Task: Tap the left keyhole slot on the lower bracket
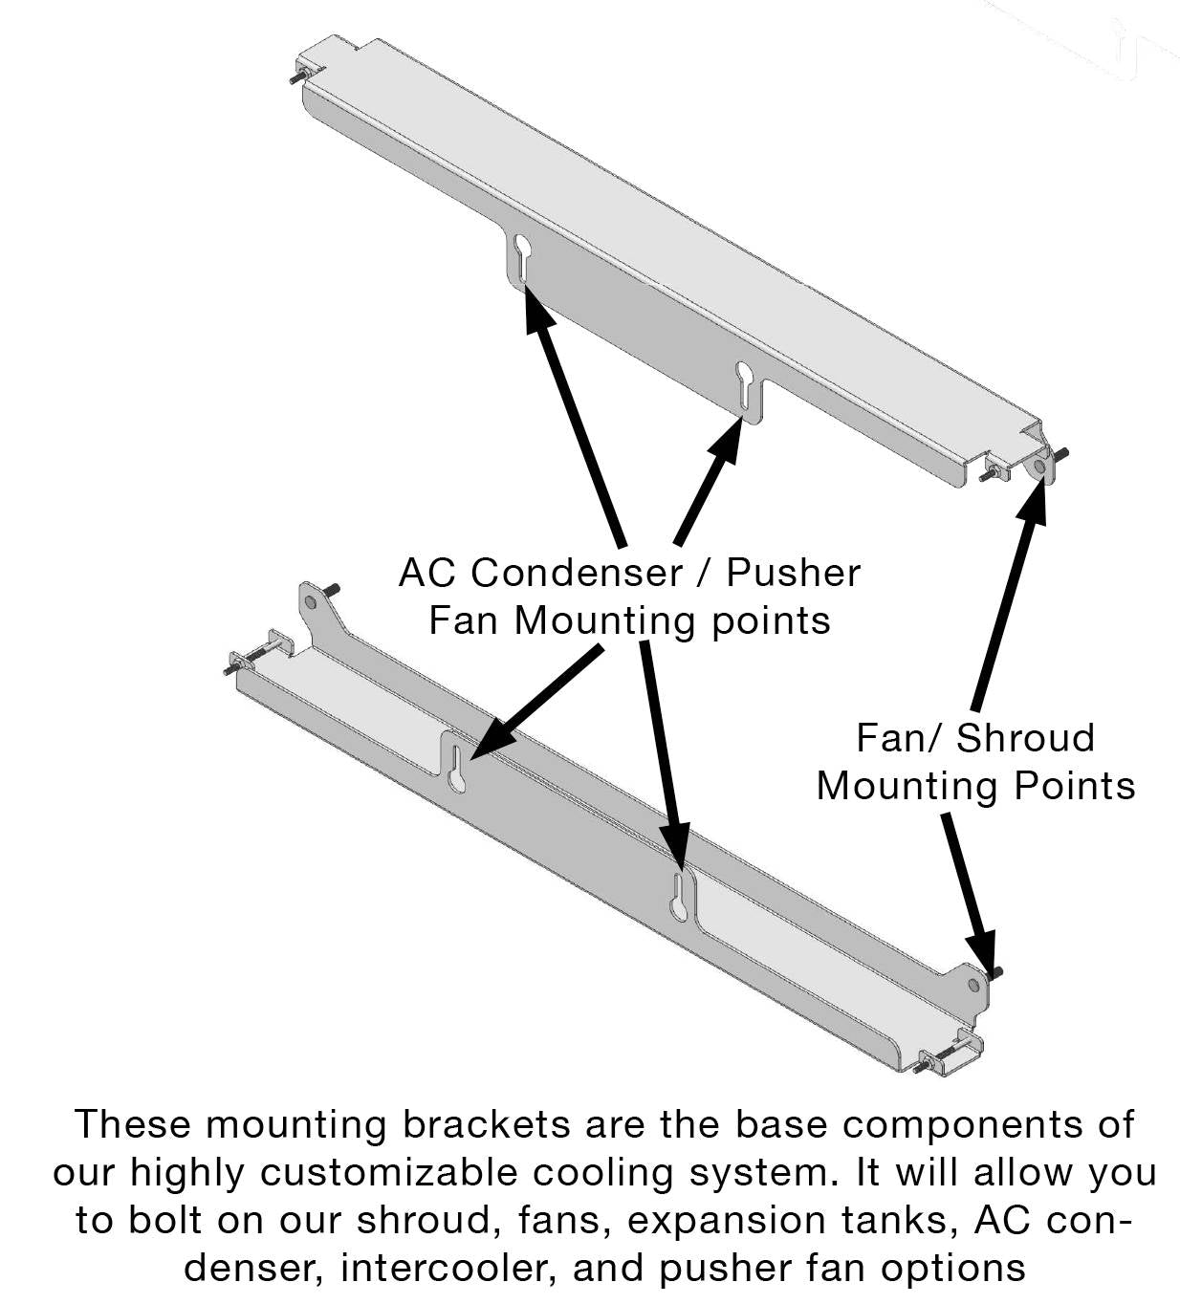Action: click(x=457, y=771)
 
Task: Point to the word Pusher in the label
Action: click(x=793, y=573)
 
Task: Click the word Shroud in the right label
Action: click(x=1025, y=738)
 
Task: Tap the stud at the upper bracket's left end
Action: click(x=297, y=75)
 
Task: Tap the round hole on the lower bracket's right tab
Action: click(x=973, y=984)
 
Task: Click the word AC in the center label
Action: click(x=427, y=573)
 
